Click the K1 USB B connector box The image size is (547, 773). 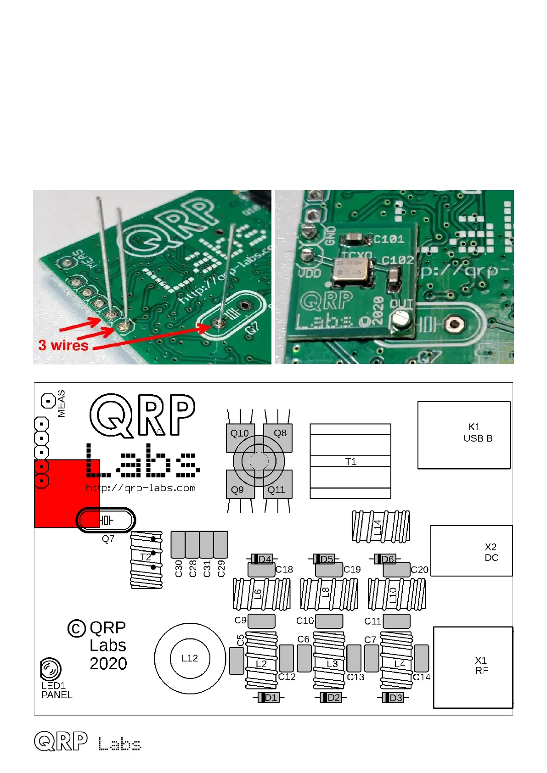464,435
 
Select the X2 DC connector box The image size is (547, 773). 471,551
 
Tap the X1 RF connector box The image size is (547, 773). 473,667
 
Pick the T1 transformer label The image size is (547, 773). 350,462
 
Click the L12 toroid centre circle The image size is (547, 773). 190,658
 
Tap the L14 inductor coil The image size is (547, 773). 381,526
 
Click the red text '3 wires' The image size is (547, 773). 63,345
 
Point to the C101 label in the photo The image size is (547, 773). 388,239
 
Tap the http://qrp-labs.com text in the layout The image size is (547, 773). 141,488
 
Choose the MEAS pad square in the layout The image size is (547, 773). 48,401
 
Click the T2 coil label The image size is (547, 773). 146,557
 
